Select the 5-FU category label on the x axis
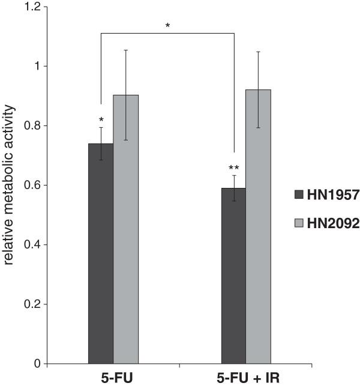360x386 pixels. pos(113,378)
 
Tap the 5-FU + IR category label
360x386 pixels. pos(247,378)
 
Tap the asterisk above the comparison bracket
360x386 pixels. pos(167,25)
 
